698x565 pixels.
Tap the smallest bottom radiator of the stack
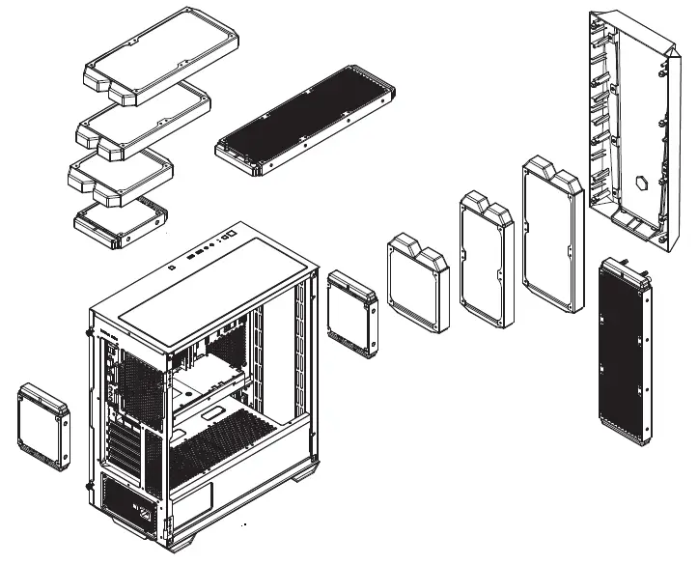[x=122, y=218]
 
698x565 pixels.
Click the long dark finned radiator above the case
[x=304, y=121]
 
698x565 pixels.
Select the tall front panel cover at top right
[x=632, y=126]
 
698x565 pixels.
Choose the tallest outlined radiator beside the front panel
[x=552, y=237]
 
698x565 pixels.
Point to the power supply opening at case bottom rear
[x=126, y=497]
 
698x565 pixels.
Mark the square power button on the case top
[x=232, y=234]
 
